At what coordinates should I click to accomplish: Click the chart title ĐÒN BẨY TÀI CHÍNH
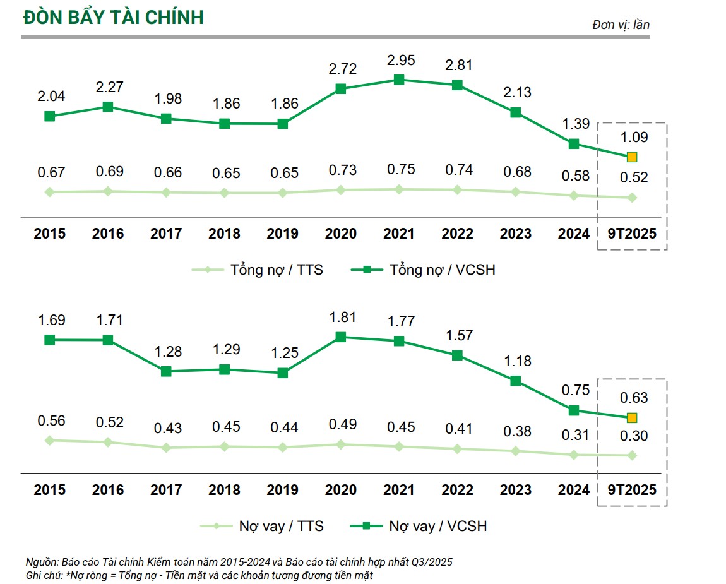(114, 17)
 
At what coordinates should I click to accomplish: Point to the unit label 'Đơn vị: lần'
(621, 25)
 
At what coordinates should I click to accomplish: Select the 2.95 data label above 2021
(399, 61)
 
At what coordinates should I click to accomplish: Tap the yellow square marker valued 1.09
(632, 157)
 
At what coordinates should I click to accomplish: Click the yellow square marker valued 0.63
(632, 417)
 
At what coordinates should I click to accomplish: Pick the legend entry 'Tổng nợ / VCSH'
(423, 270)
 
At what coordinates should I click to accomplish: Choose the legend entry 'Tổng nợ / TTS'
(258, 270)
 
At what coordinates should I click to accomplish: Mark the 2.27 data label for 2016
(108, 85)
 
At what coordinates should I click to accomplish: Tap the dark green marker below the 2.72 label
(341, 89)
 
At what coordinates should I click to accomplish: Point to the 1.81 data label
(341, 317)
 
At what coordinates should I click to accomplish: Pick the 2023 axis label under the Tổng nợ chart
(516, 234)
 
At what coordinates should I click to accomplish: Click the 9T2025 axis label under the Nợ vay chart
(632, 490)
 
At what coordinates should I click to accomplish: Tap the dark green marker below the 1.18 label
(516, 381)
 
